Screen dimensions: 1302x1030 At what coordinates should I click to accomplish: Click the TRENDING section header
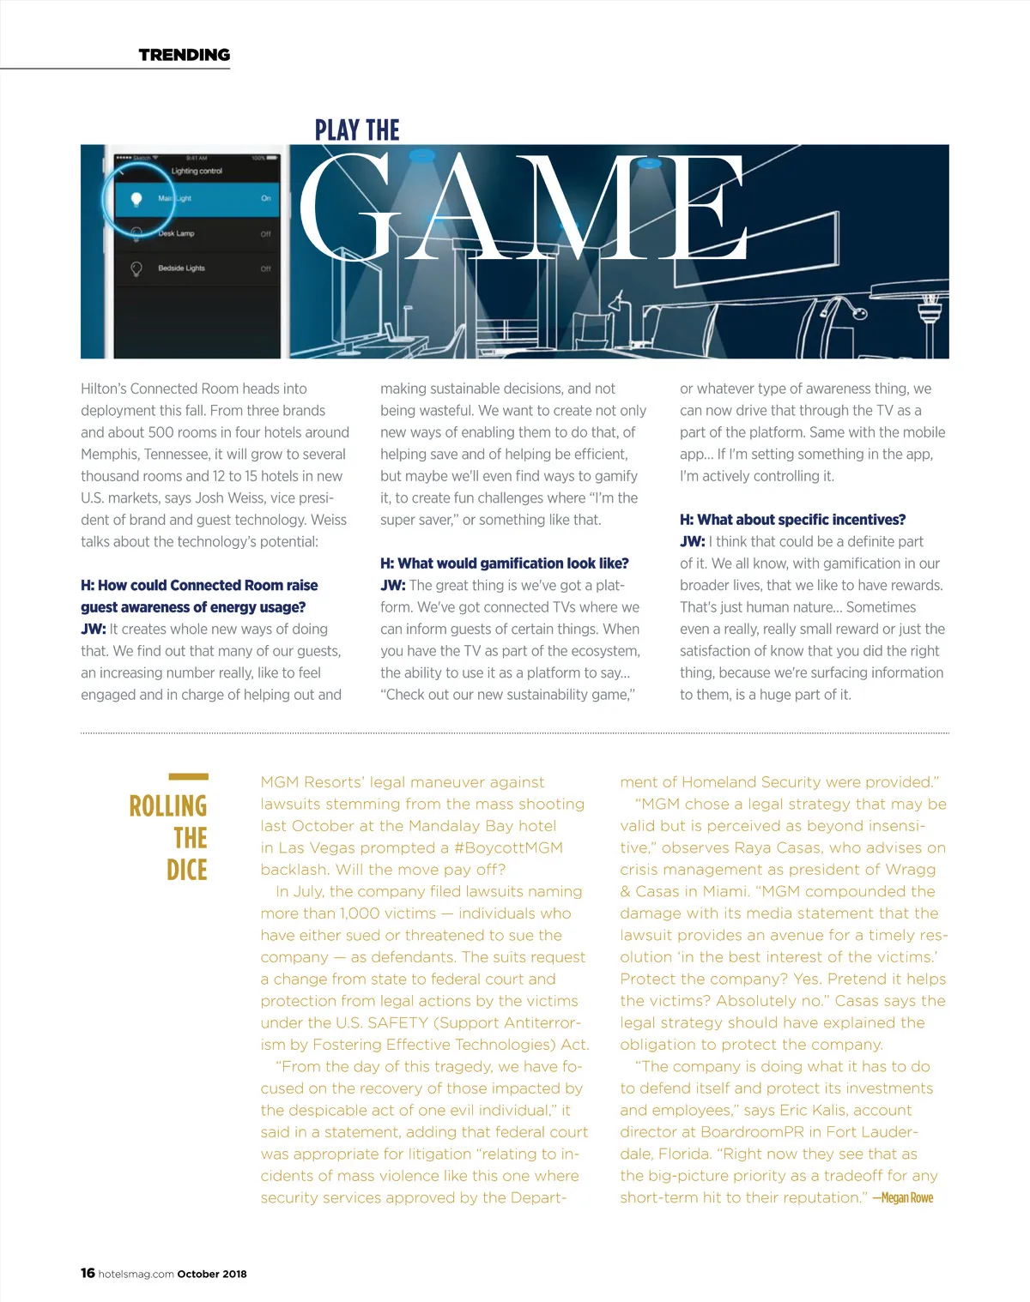(185, 55)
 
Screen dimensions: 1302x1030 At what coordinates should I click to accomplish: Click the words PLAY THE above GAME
(357, 130)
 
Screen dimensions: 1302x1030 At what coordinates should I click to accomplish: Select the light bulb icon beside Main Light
(136, 199)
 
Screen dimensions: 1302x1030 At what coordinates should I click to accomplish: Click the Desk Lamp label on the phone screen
(176, 233)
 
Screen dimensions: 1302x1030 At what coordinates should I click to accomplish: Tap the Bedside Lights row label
(181, 268)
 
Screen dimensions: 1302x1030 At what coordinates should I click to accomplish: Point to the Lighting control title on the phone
(197, 172)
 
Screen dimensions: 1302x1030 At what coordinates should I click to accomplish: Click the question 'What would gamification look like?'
(505, 564)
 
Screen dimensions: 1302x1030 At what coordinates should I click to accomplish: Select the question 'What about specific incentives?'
(792, 520)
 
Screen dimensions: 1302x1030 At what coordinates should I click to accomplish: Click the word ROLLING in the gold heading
(168, 806)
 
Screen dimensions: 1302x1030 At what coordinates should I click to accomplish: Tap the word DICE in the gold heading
(187, 870)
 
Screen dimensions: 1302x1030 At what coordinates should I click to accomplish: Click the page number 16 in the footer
(88, 1273)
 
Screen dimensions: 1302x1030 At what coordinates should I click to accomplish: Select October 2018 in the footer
(212, 1274)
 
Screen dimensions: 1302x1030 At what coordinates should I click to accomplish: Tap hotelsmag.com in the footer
(136, 1274)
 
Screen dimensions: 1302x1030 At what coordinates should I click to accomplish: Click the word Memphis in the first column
(108, 455)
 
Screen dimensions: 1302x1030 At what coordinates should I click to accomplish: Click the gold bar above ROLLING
(188, 777)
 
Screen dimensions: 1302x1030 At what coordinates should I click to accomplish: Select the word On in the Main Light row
(266, 198)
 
